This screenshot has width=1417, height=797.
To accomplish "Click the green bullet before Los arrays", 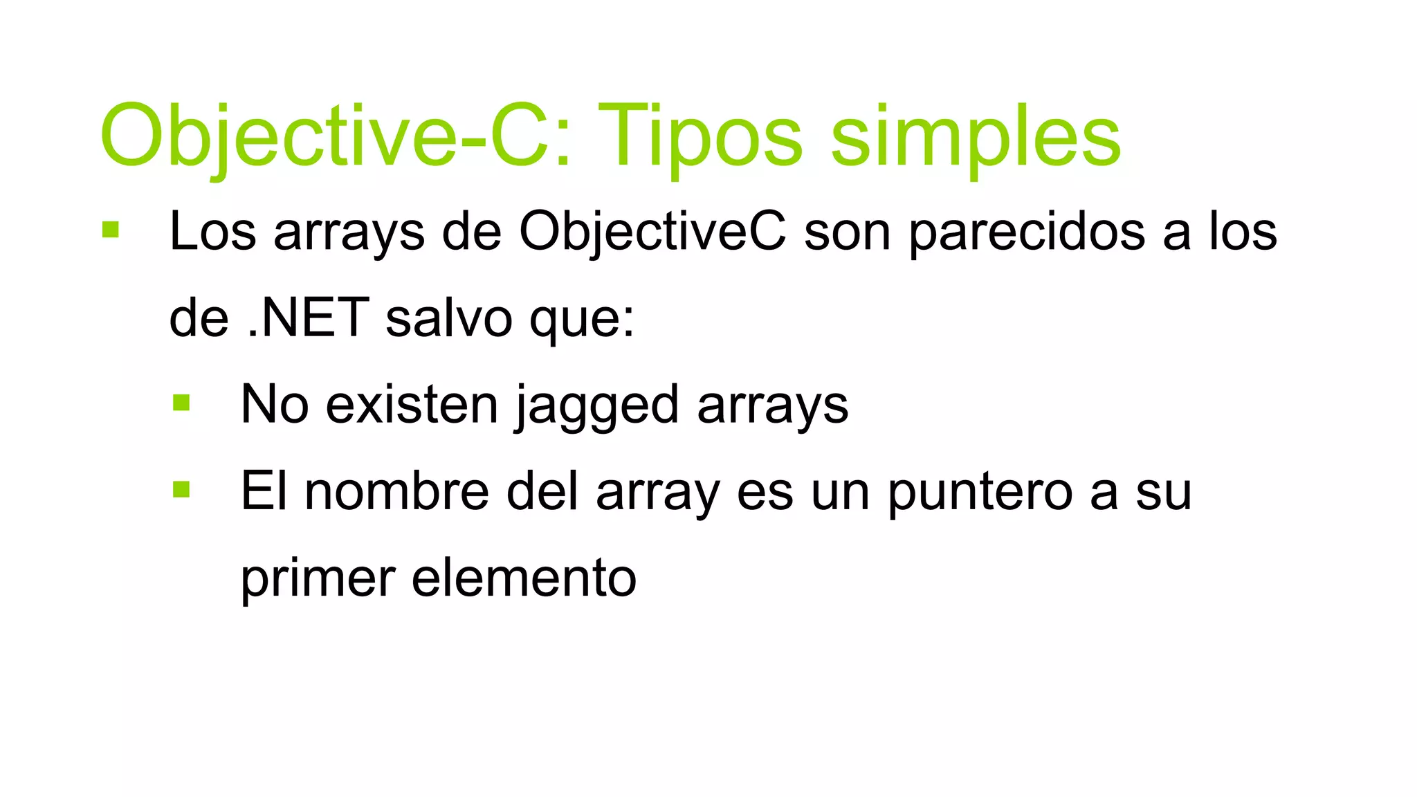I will click(110, 230).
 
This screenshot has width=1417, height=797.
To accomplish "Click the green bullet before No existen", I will click(181, 403).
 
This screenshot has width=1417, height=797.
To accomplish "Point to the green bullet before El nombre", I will click(181, 490).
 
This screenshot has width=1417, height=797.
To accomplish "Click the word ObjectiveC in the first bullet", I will click(652, 232).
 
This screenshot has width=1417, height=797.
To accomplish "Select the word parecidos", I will click(1027, 232).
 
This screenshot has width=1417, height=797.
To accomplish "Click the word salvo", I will click(448, 318).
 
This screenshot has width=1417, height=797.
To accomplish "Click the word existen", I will click(411, 405).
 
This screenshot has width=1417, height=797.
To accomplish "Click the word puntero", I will click(980, 493).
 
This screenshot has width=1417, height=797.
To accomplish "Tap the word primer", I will click(317, 579).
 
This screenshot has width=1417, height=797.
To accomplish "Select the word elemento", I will click(523, 578).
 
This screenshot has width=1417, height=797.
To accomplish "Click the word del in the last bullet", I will click(542, 491).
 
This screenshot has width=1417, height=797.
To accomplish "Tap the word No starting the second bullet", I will click(274, 405).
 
